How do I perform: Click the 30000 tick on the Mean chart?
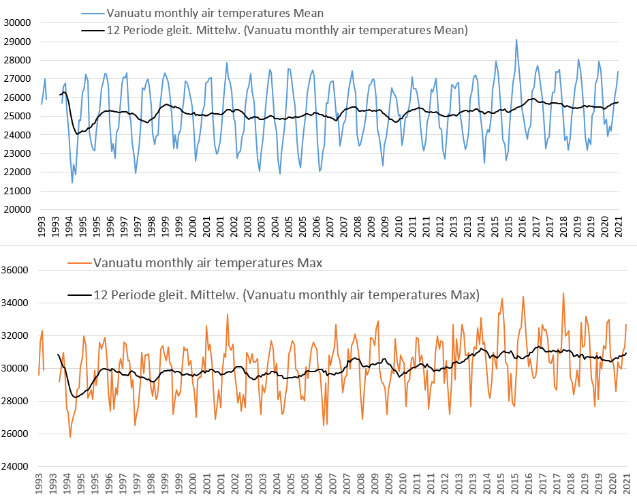(18, 22)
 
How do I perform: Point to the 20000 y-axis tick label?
(18, 210)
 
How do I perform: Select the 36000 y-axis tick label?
(18, 270)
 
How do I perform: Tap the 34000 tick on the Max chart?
(18, 303)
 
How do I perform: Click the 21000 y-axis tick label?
(18, 192)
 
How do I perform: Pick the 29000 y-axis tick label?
(18, 42)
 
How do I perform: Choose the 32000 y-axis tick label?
(18, 335)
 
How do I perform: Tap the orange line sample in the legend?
(80, 262)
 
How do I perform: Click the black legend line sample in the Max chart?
(80, 295)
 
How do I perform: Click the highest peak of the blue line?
(516, 40)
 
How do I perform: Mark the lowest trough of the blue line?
(72, 182)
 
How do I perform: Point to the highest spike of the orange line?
(563, 293)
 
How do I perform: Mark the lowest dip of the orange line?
(70, 436)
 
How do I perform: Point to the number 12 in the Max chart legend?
(99, 295)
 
